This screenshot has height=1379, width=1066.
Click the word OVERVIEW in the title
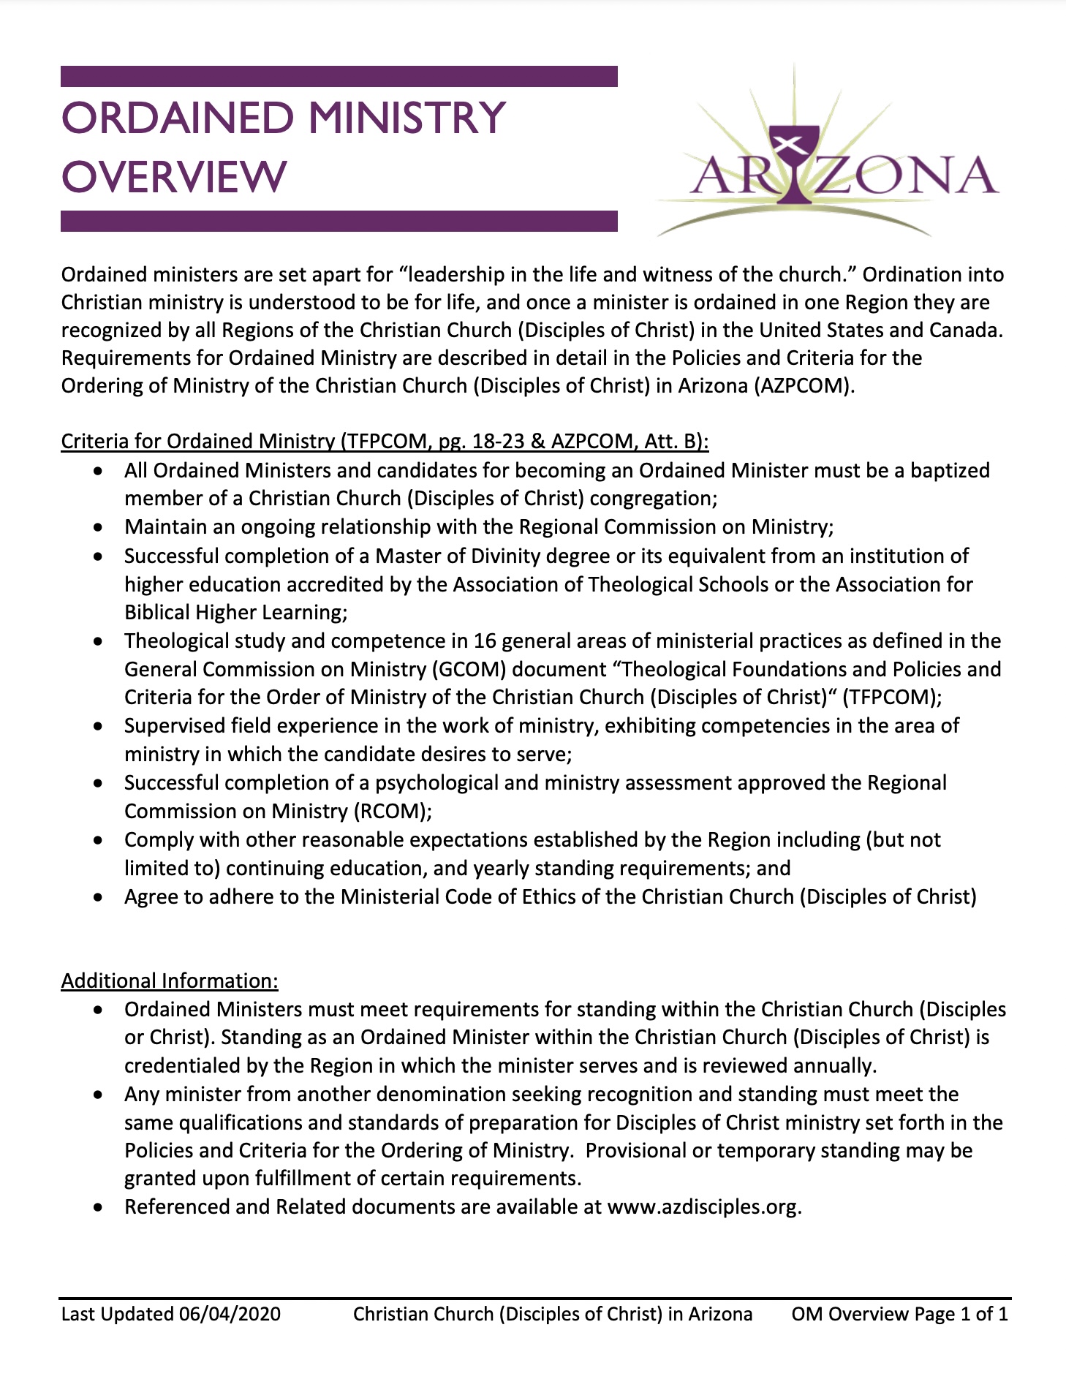(x=174, y=177)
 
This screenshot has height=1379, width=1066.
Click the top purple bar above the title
(x=339, y=76)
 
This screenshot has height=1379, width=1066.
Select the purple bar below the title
(x=339, y=221)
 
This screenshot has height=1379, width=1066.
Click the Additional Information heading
(x=170, y=981)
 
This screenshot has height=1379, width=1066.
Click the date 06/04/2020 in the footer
(x=230, y=1314)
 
